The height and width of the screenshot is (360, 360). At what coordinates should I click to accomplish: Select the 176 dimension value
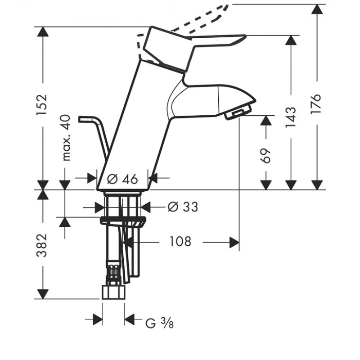coord(316,103)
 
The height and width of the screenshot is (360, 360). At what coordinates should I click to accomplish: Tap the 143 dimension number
coord(291,117)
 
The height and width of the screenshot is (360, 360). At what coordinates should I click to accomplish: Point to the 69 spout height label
coord(266,156)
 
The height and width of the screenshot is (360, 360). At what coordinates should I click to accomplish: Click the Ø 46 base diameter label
coord(122,179)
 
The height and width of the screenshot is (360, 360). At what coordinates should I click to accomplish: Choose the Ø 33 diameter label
coord(183,207)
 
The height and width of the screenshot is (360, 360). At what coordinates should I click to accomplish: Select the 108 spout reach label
coord(180,242)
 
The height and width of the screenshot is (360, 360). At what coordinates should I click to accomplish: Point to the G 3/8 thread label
coord(160,323)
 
